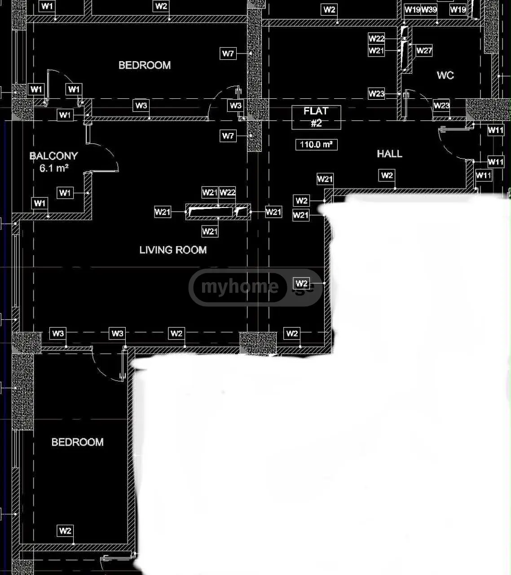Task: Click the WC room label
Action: coord(445,75)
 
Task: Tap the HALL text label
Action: coord(390,154)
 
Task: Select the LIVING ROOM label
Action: coord(173,250)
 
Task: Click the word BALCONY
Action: coord(53,156)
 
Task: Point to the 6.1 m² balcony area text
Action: coord(54,168)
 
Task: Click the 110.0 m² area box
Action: coord(317,145)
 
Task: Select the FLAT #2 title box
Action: coord(317,117)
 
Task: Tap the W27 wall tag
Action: coord(424,50)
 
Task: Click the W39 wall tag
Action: coord(429,9)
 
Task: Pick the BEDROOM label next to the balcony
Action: coord(145,65)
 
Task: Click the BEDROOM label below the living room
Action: coord(78,442)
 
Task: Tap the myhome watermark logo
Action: coord(255,287)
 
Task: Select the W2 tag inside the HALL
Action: coord(387,175)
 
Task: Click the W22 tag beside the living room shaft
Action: coord(227,192)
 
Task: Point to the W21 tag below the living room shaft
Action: coord(210,231)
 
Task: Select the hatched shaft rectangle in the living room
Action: coord(218,212)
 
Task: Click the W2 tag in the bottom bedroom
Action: coord(65,531)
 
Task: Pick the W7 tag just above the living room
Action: coord(228,136)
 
